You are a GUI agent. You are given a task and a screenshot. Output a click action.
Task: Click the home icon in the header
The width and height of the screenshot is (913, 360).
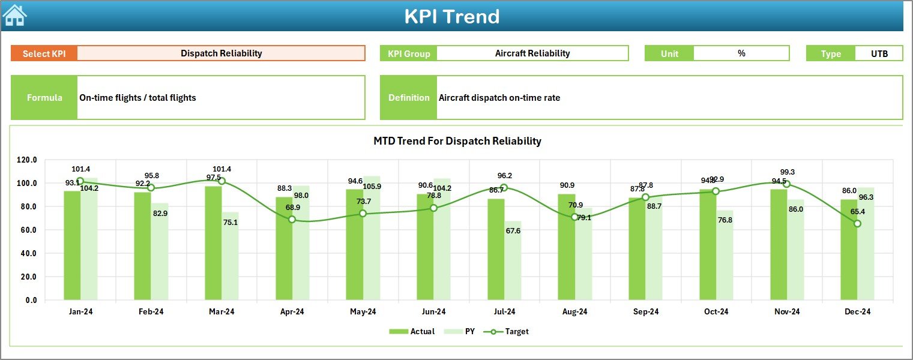pyautogui.click(x=15, y=16)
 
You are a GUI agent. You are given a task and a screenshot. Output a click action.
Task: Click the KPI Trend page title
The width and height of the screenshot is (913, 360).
pyautogui.click(x=451, y=16)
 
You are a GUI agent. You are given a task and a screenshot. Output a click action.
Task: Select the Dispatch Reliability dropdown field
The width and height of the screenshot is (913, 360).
pyautogui.click(x=221, y=53)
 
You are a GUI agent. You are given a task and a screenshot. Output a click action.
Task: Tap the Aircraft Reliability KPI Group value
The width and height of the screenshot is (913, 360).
pyautogui.click(x=532, y=53)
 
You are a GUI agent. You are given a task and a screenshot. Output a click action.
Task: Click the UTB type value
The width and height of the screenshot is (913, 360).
pyautogui.click(x=879, y=53)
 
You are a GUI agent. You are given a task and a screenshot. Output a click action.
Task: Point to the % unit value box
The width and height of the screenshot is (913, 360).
pyautogui.click(x=741, y=53)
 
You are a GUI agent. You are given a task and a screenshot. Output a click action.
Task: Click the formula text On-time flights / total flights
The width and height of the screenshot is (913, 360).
pyautogui.click(x=138, y=98)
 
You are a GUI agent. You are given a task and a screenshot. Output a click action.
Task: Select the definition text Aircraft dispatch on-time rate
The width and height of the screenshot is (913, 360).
pyautogui.click(x=499, y=98)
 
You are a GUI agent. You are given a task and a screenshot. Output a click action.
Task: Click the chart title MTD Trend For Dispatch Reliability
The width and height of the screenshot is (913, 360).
pyautogui.click(x=457, y=141)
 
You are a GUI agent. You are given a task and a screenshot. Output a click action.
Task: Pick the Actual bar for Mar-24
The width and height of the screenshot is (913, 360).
pyautogui.click(x=213, y=243)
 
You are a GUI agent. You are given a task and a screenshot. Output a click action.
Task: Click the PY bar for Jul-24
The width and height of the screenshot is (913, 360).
pyautogui.click(x=513, y=260)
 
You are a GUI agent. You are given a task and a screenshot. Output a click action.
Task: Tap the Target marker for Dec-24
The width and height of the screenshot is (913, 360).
pyautogui.click(x=857, y=223)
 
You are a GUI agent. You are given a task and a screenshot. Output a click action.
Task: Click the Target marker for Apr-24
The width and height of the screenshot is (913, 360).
pyautogui.click(x=292, y=220)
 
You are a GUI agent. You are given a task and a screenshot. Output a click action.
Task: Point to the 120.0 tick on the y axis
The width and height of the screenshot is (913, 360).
pyautogui.click(x=27, y=160)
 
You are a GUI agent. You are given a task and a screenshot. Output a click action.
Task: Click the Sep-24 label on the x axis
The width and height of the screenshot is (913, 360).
pyautogui.click(x=645, y=312)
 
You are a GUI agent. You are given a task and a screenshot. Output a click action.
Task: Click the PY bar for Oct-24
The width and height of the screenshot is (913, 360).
pyautogui.click(x=725, y=255)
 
